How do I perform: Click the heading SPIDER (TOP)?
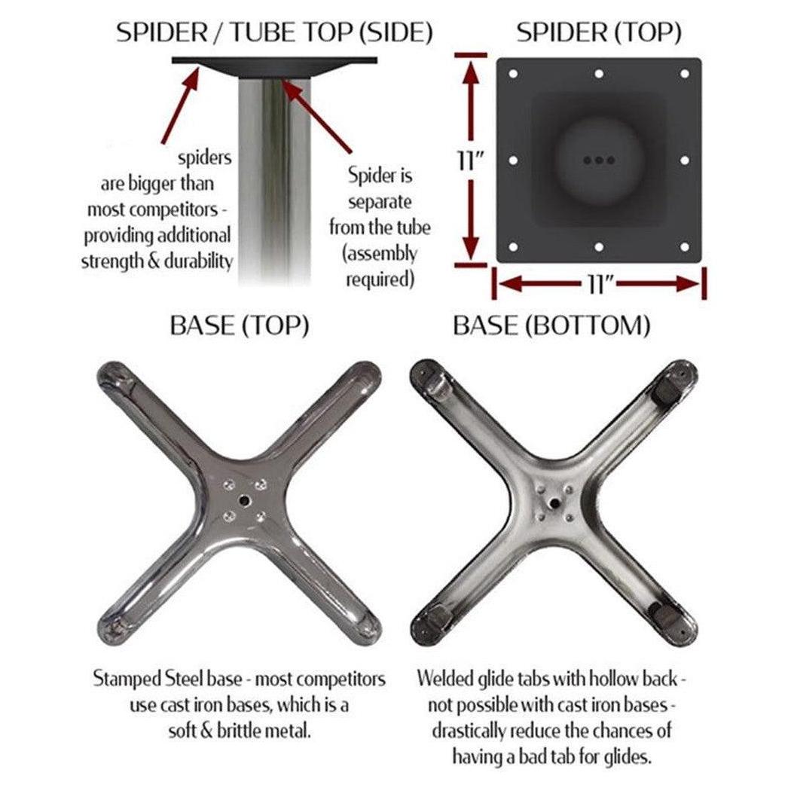point(599,32)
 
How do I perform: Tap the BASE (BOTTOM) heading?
point(551,325)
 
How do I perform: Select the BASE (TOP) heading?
point(239,325)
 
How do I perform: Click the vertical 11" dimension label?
point(470,160)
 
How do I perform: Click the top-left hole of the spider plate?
point(513,74)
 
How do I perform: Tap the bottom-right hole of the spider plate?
point(685,246)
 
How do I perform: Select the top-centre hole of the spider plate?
point(599,74)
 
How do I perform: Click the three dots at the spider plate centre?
point(599,160)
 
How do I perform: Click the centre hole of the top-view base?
point(245,500)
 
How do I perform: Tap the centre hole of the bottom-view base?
point(554,502)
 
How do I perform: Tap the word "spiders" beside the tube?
point(204,158)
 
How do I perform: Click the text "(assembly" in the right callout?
point(380,253)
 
